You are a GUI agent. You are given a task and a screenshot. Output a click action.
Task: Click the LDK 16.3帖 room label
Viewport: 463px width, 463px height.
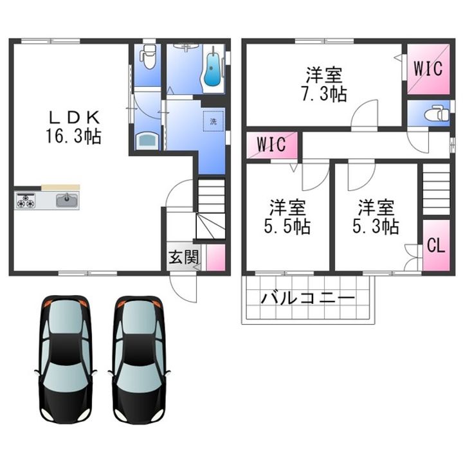click(73, 127)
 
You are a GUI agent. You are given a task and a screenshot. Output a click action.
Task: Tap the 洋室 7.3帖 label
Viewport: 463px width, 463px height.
click(324, 84)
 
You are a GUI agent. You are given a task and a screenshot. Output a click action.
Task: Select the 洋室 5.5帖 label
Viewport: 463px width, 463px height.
click(287, 217)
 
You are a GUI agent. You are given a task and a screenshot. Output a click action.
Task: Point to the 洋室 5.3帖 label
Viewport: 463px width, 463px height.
click(376, 217)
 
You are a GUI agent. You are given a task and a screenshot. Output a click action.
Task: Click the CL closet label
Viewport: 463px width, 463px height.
click(436, 245)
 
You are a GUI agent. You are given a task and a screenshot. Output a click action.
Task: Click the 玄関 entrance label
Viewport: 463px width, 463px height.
click(183, 257)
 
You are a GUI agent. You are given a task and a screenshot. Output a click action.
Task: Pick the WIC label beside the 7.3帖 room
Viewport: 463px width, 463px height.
click(428, 68)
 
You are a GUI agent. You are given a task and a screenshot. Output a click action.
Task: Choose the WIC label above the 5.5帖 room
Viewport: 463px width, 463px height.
click(271, 144)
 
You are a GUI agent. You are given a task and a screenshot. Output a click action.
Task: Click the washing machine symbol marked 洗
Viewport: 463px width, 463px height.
click(213, 121)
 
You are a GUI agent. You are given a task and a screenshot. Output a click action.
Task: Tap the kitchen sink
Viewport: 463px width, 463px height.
click(68, 201)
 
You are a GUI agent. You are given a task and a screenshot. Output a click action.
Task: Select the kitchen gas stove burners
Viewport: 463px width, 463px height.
click(26, 201)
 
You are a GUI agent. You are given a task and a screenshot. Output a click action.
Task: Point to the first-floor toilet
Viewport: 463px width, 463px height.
click(149, 57)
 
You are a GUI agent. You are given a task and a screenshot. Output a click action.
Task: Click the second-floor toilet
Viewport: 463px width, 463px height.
click(436, 114)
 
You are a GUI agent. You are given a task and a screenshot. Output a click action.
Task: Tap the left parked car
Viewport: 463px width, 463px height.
click(66, 359)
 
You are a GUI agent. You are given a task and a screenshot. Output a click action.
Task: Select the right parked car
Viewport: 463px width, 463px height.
click(140, 359)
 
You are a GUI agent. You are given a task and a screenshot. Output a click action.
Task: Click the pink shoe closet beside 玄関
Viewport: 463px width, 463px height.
click(216, 257)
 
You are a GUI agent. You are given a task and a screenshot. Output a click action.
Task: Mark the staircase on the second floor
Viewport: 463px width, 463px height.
click(436, 190)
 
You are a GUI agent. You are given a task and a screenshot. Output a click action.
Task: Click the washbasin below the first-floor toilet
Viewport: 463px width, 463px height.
click(147, 141)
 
